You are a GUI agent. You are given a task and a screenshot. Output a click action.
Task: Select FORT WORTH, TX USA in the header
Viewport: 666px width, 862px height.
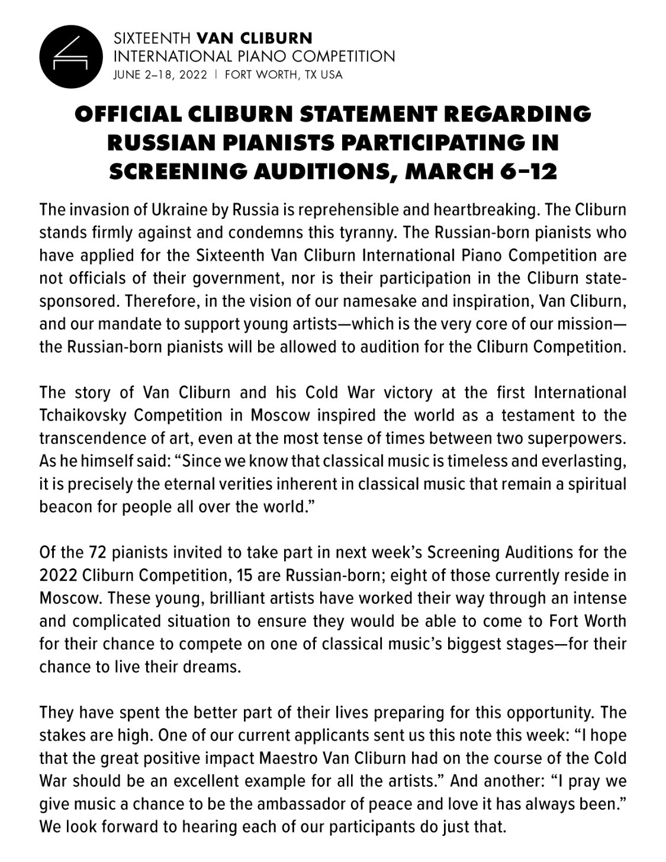pos(284,75)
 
